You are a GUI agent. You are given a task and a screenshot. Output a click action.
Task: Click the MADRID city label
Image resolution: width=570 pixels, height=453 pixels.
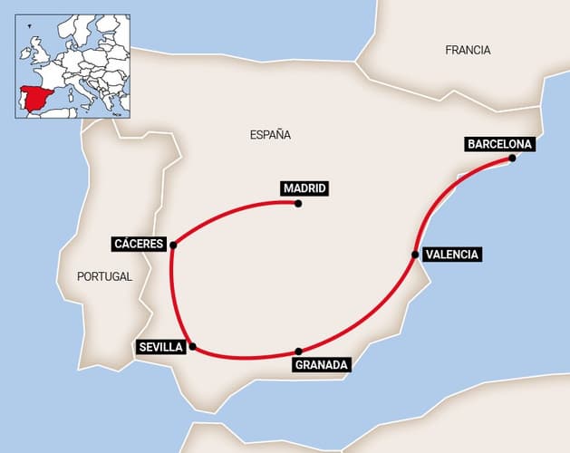pyautogui.click(x=303, y=188)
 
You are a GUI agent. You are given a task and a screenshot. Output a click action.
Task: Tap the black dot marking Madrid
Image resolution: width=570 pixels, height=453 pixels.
pyautogui.click(x=298, y=203)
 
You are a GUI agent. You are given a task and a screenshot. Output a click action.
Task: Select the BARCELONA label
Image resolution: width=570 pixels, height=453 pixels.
pyautogui.click(x=499, y=143)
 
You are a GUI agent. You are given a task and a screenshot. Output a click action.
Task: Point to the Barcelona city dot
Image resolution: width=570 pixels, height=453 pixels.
pyautogui.click(x=512, y=159)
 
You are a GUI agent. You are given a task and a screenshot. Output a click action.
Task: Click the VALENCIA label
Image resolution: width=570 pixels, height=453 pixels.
pyautogui.click(x=451, y=255)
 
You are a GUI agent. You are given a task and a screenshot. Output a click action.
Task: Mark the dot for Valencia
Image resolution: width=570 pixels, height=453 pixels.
pyautogui.click(x=415, y=255)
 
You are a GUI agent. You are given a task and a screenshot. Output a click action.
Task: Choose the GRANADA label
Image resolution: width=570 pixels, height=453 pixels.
pyautogui.click(x=321, y=365)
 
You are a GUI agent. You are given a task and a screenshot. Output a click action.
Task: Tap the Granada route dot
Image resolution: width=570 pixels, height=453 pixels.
pyautogui.click(x=298, y=352)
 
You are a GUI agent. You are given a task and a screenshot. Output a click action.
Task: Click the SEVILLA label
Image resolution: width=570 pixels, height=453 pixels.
pyautogui.click(x=161, y=346)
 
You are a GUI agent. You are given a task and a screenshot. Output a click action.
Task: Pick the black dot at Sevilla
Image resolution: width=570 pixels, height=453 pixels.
pyautogui.click(x=192, y=346)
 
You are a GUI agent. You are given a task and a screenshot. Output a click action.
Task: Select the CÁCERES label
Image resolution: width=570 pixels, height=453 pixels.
pyautogui.click(x=139, y=244)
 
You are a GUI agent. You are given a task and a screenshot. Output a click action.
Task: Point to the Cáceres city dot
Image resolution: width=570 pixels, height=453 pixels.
pyautogui.click(x=172, y=245)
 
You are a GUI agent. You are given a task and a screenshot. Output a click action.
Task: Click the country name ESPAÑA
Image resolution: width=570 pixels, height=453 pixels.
pyautogui.click(x=270, y=135)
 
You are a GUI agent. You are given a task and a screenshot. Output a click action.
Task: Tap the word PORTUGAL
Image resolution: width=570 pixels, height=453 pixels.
pyautogui.click(x=104, y=276)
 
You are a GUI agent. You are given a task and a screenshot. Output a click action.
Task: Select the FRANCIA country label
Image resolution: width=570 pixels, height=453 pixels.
pyautogui.click(x=468, y=51)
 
